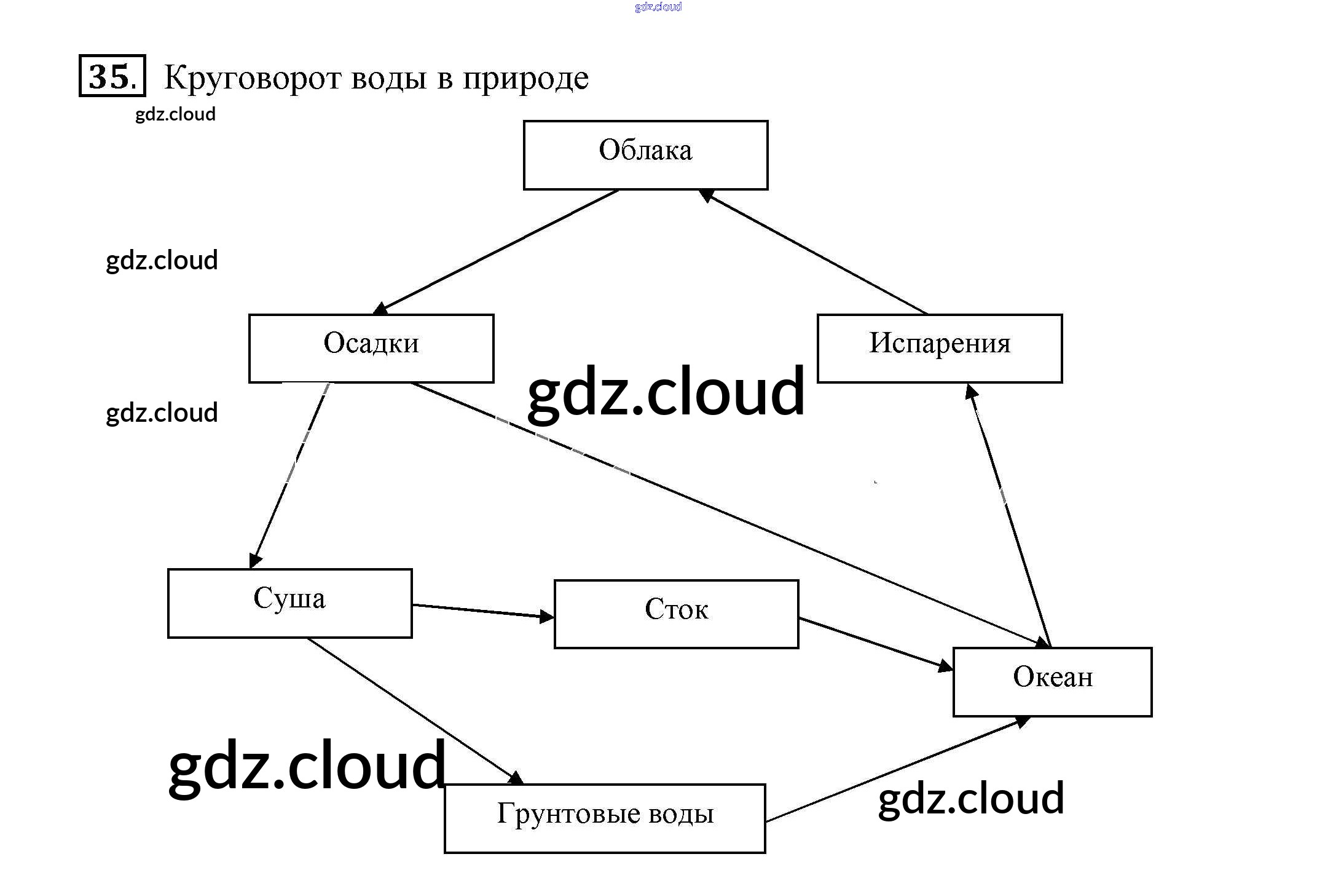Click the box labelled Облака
click(645, 155)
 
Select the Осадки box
click(371, 348)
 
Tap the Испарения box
click(939, 348)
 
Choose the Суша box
click(289, 603)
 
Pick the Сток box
click(676, 614)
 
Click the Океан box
click(1052, 681)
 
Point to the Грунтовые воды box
click(605, 818)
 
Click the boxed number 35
click(112, 76)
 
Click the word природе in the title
click(525, 78)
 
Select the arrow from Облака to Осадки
click(498, 250)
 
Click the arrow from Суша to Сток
click(482, 611)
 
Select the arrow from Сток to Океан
click(876, 643)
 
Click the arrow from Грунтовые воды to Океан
click(897, 769)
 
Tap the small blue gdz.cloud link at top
click(658, 7)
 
